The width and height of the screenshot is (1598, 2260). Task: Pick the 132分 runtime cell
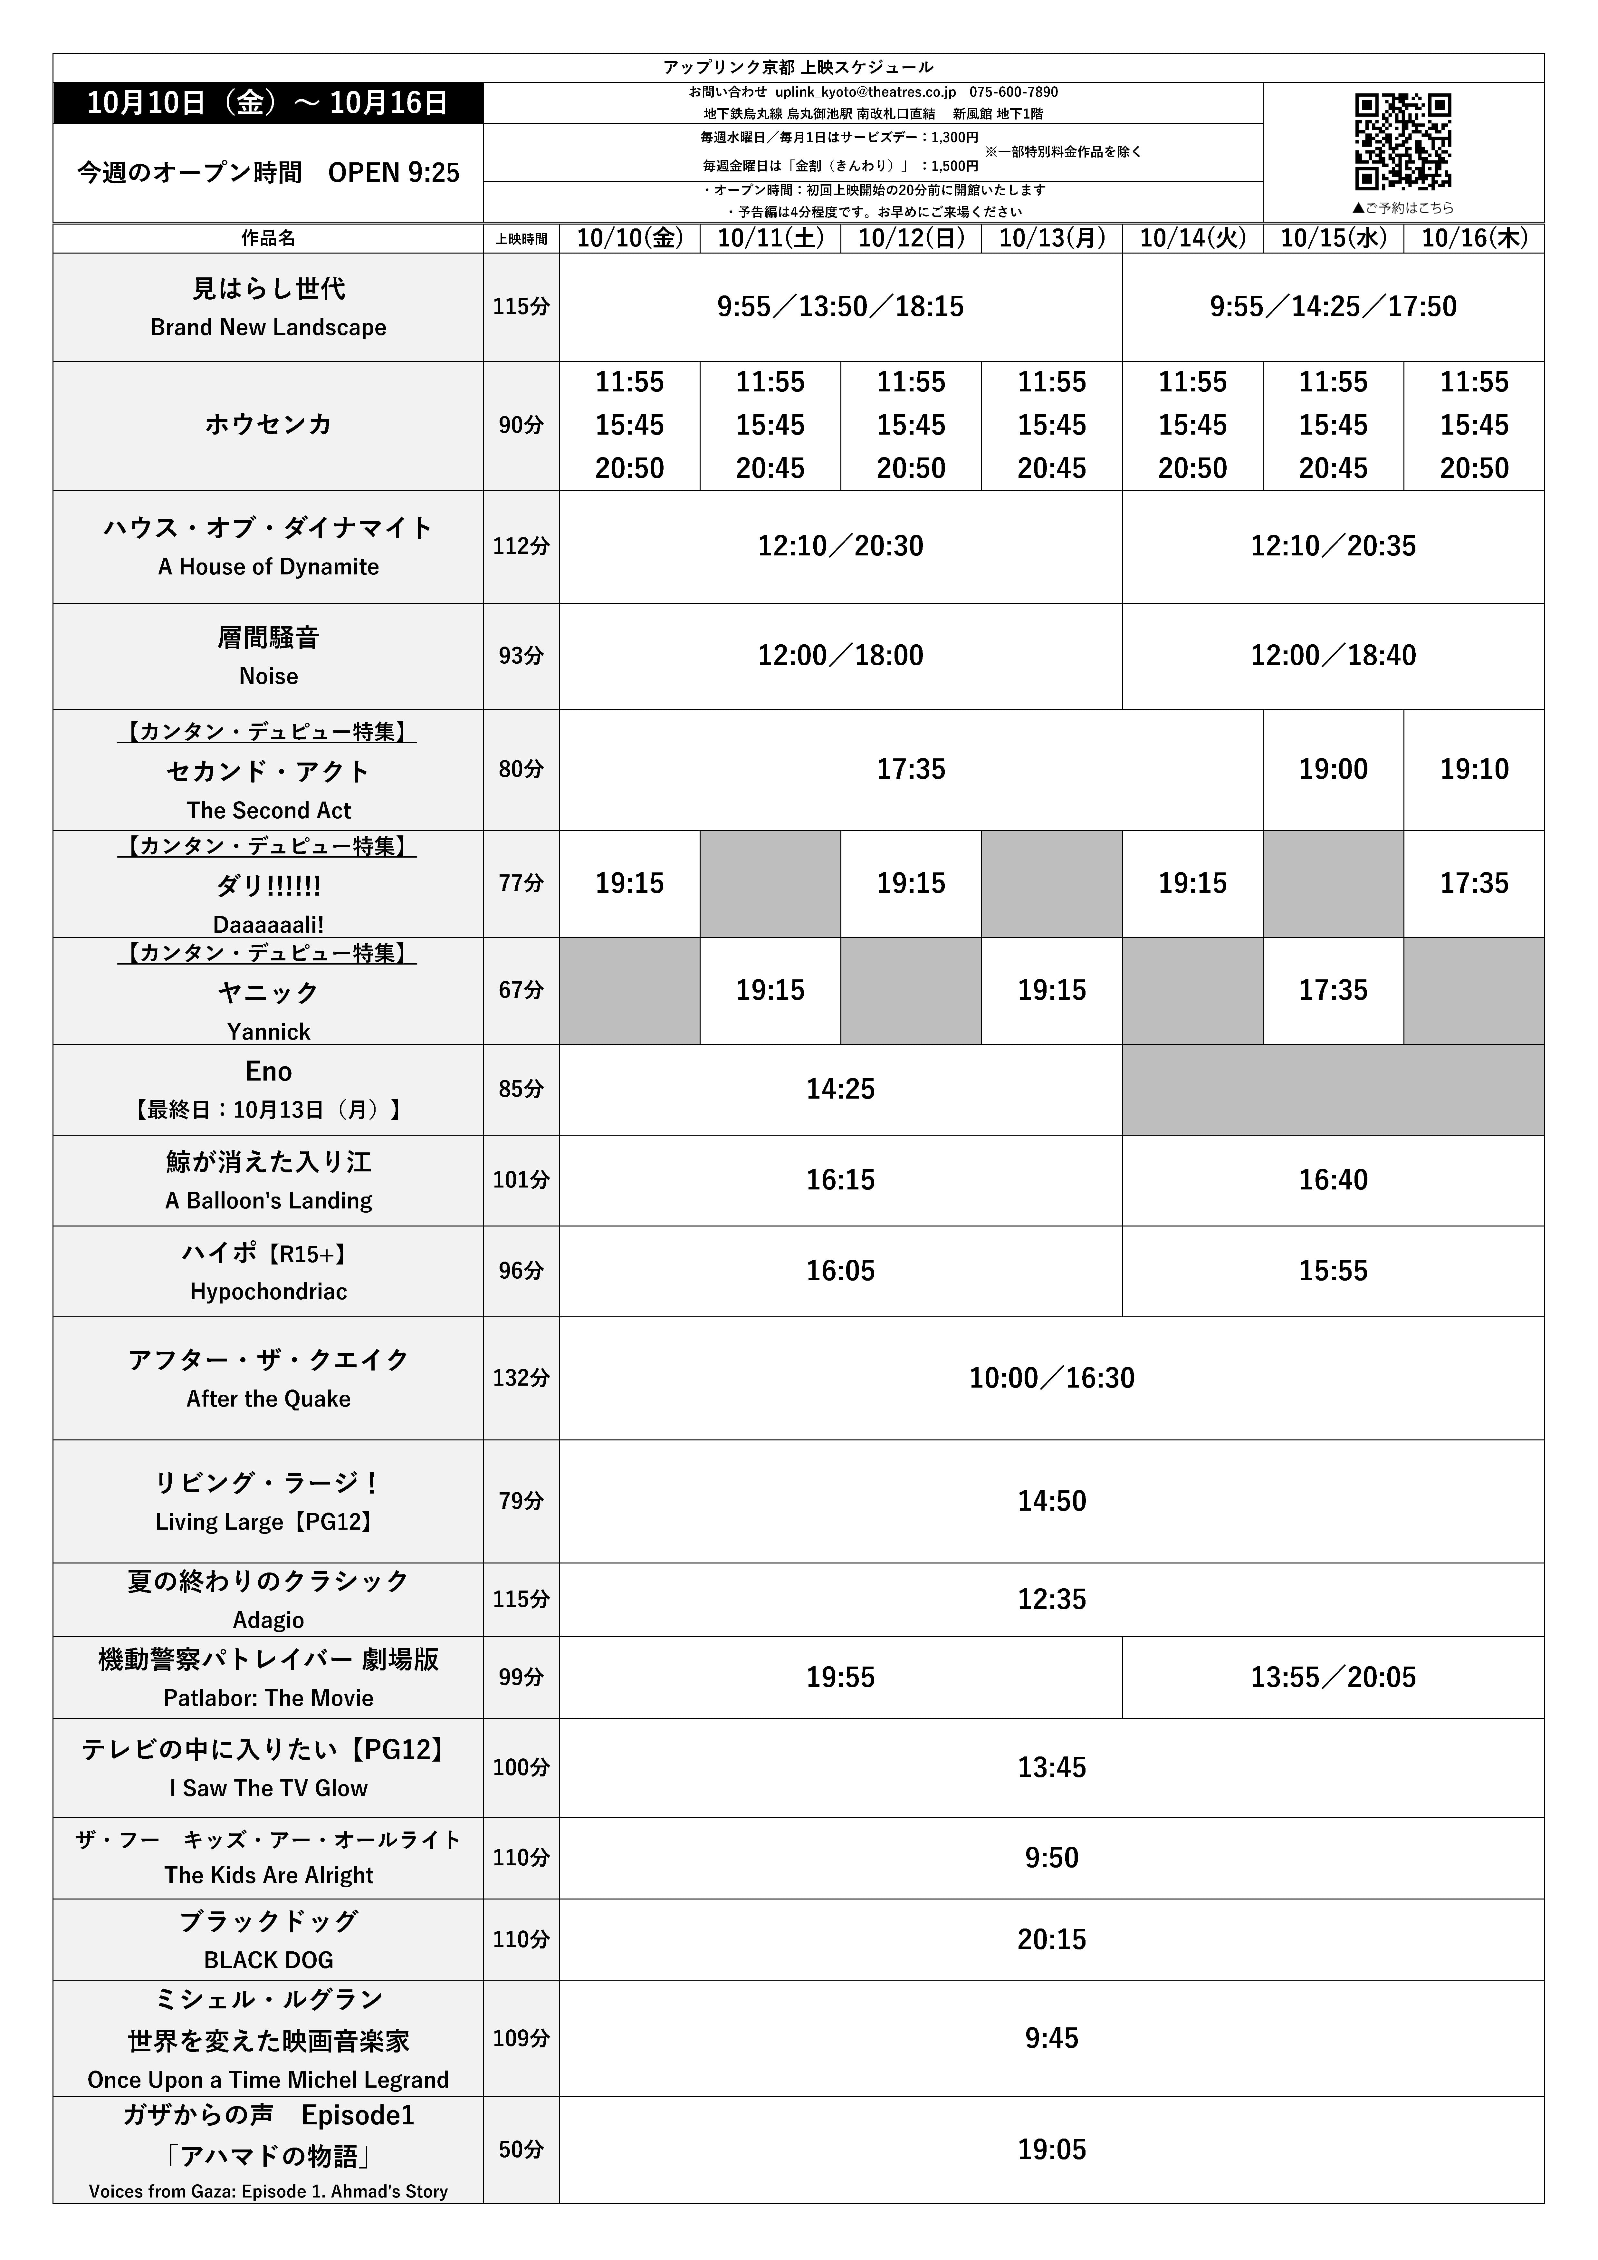pos(521,1377)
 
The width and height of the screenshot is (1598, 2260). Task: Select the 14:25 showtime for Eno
pos(840,1089)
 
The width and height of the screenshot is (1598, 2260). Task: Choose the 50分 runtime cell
pos(521,2149)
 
